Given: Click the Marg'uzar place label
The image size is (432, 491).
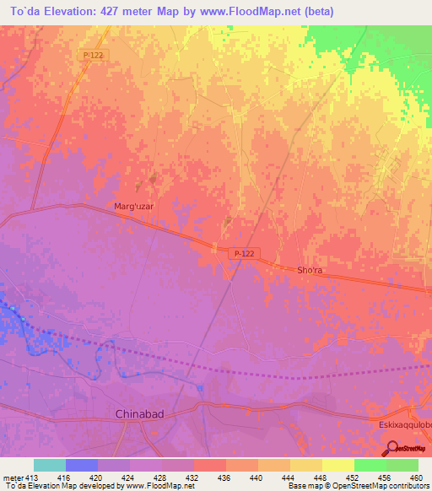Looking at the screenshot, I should pos(132,206).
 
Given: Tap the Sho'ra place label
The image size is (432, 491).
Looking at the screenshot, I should pos(310,270).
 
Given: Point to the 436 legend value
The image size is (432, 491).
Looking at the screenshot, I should pos(225,477).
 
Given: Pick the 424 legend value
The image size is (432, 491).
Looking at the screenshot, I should pos(130,477).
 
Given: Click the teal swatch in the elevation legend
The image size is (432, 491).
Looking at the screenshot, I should pos(49,465).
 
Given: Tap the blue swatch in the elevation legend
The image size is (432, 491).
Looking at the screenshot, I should pos(81,465).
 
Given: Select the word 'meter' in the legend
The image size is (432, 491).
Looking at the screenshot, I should pos(14,477).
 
